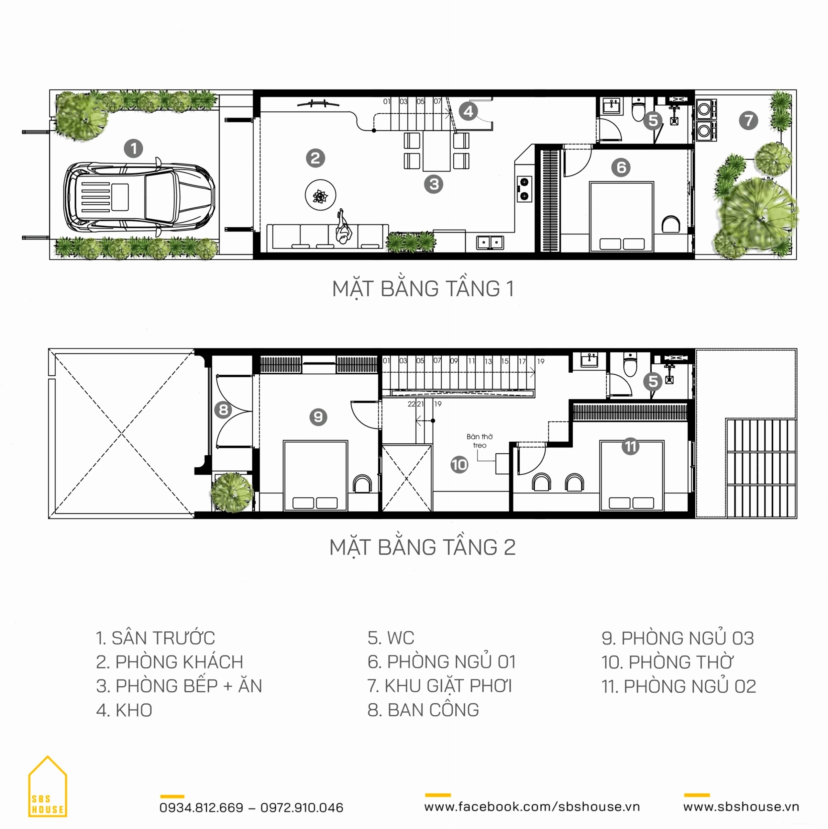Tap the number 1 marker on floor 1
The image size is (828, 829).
click(133, 149)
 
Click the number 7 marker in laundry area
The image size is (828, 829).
click(749, 120)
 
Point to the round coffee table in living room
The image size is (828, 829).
click(320, 195)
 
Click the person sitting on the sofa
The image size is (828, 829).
click(343, 227)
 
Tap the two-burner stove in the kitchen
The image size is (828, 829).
click(524, 189)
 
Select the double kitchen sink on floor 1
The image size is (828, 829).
click(490, 243)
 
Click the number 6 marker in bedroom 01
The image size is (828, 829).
click(621, 167)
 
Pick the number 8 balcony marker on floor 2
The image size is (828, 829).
click(223, 410)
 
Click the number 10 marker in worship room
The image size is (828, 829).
click(459, 465)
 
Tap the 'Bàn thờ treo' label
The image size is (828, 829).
click(480, 441)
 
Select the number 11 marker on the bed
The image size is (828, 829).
click(630, 446)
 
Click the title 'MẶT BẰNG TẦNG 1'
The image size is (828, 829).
click(423, 289)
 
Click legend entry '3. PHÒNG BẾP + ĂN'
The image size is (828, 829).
click(179, 686)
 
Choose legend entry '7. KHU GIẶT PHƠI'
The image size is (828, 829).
click(439, 686)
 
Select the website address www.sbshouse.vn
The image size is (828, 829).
click(741, 807)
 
